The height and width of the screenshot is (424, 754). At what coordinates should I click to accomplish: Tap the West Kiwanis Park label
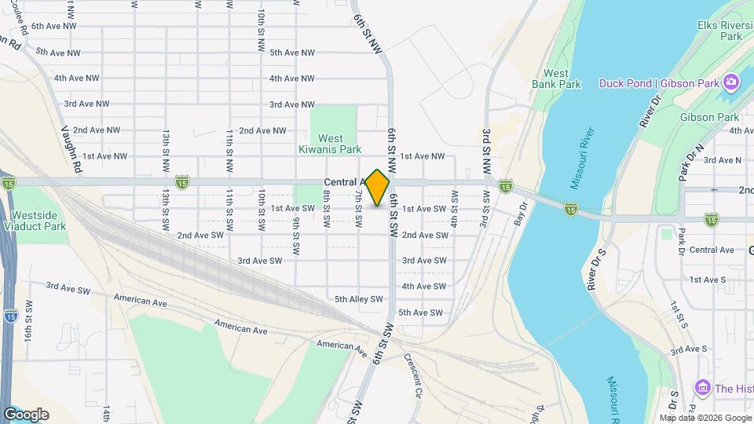(x=330, y=144)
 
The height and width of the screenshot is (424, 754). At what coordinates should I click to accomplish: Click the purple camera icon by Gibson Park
(x=731, y=82)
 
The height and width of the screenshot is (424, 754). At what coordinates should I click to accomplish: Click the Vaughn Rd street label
(x=71, y=148)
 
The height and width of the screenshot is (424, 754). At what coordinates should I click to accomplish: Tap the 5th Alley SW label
(x=358, y=299)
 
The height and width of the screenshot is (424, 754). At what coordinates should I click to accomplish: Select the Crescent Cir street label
(x=413, y=375)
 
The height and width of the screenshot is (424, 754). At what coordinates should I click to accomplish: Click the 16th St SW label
(x=29, y=319)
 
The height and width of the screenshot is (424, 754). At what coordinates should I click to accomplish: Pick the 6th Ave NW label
(x=54, y=26)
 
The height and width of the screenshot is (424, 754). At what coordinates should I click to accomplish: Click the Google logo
(x=27, y=414)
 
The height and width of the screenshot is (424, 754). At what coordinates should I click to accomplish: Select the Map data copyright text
(x=705, y=418)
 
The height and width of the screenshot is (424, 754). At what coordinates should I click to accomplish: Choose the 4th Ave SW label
(x=424, y=287)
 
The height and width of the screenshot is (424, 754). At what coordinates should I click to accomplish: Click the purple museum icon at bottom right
(x=703, y=388)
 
